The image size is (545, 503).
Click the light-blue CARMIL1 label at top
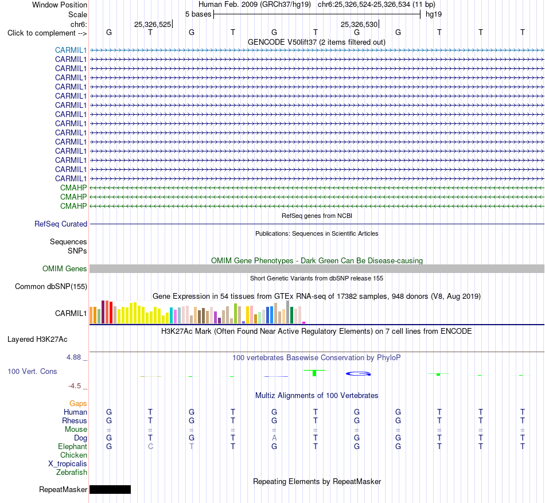71,50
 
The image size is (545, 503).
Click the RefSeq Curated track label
61,224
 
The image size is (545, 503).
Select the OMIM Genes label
65,268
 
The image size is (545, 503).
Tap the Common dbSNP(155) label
51,287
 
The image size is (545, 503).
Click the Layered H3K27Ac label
37,340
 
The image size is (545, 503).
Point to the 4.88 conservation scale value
73,357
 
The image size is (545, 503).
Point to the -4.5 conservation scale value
75,386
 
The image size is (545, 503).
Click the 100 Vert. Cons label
32,371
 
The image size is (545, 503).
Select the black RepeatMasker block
110,489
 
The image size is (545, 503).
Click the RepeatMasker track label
63,489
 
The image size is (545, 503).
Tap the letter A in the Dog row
274,438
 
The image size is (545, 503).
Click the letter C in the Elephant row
150,446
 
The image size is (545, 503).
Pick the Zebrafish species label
72,472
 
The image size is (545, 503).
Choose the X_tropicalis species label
68,464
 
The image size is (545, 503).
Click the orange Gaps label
78,403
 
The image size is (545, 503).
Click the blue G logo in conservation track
359,374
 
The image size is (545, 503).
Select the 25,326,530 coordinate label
359,24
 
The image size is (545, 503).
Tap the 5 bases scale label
198,14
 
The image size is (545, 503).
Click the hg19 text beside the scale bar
434,14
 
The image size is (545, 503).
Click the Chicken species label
73,455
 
